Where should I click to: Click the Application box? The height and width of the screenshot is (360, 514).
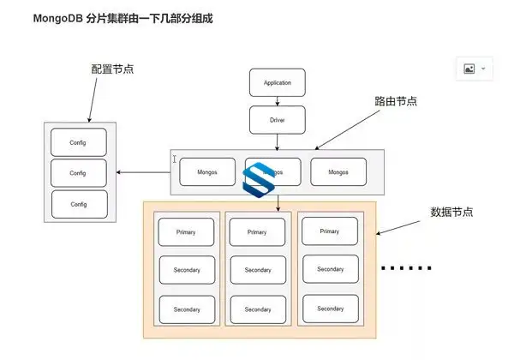tap(277, 83)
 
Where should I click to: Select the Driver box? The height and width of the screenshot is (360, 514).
tap(277, 120)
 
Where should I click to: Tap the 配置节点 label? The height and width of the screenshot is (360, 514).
tap(112, 69)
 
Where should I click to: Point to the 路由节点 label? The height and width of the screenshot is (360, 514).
tap(396, 100)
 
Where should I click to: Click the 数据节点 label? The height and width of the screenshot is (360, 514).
tap(451, 211)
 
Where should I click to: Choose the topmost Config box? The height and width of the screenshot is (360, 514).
tap(79, 141)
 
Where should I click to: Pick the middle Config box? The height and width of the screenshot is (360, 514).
tap(79, 173)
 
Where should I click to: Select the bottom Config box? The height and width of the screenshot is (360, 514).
tap(79, 204)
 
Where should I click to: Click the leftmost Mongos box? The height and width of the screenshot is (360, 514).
tap(206, 171)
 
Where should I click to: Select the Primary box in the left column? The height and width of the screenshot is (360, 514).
tap(187, 232)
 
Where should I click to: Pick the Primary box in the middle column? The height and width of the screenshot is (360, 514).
tap(257, 232)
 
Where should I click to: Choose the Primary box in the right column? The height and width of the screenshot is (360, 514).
tap(329, 231)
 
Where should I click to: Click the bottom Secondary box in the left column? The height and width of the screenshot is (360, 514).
tap(187, 309)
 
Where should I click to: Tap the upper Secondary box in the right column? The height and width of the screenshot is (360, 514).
tap(329, 269)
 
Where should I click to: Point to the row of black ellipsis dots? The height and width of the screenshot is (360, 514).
tap(407, 268)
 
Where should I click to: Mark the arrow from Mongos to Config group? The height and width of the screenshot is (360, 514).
tap(143, 173)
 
